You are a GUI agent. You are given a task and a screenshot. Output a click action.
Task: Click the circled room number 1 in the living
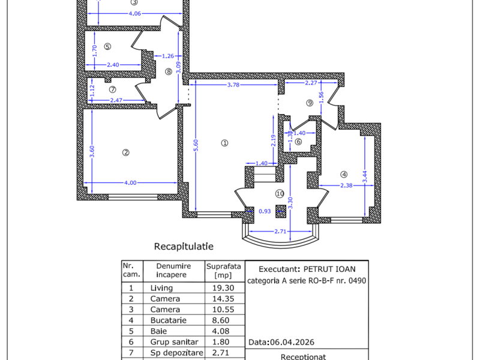(224, 143)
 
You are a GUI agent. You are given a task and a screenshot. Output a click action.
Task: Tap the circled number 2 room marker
(125, 152)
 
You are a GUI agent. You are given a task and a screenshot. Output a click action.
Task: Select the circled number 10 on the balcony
(280, 193)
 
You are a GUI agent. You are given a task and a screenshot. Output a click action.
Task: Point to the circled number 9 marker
(310, 103)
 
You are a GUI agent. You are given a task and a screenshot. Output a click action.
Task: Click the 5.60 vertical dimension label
(196, 145)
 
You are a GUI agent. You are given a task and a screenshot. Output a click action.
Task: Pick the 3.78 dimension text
(233, 85)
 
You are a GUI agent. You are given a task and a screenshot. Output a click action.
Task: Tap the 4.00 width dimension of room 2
(130, 183)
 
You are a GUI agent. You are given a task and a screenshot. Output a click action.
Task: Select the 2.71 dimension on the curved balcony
(280, 231)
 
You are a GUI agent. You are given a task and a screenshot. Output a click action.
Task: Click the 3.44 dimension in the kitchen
(365, 176)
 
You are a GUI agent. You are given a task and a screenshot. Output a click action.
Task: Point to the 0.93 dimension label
(265, 211)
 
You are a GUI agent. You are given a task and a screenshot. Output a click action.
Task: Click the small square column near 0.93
(281, 211)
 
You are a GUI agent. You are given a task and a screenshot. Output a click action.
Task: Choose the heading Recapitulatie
(184, 247)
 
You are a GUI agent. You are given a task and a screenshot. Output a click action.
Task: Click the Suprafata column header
(223, 266)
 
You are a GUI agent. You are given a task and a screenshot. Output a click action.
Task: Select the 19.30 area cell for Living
(223, 288)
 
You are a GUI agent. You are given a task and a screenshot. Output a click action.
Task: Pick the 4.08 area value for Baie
(221, 331)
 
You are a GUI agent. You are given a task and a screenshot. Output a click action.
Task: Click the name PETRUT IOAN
(329, 269)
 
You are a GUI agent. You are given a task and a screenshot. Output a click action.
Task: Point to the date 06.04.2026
(292, 342)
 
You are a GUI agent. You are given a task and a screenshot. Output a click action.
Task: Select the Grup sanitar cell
(174, 341)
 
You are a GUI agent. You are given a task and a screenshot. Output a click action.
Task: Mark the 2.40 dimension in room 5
(113, 65)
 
